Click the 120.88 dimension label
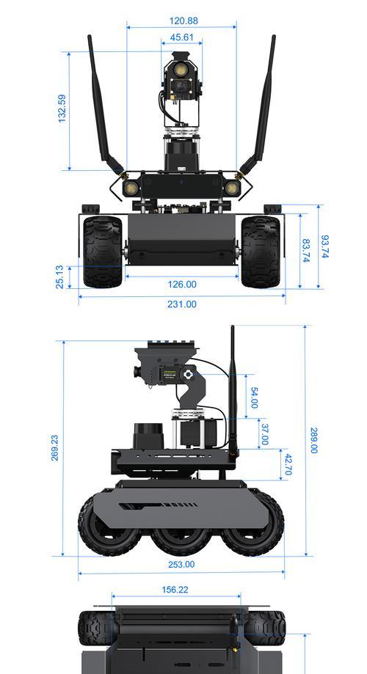183,21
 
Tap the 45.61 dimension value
181,37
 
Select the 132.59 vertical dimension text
62,109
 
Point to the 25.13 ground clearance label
59,276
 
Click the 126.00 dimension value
181,285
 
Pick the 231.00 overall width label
181,304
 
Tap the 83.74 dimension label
306,251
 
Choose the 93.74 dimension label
325,246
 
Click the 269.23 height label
55,448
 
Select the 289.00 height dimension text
314,440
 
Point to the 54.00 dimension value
254,398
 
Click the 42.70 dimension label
288,465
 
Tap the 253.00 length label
181,565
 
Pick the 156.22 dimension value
175,590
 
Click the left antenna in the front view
105,108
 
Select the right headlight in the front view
232,188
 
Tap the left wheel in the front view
103,252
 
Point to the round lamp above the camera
181,70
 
